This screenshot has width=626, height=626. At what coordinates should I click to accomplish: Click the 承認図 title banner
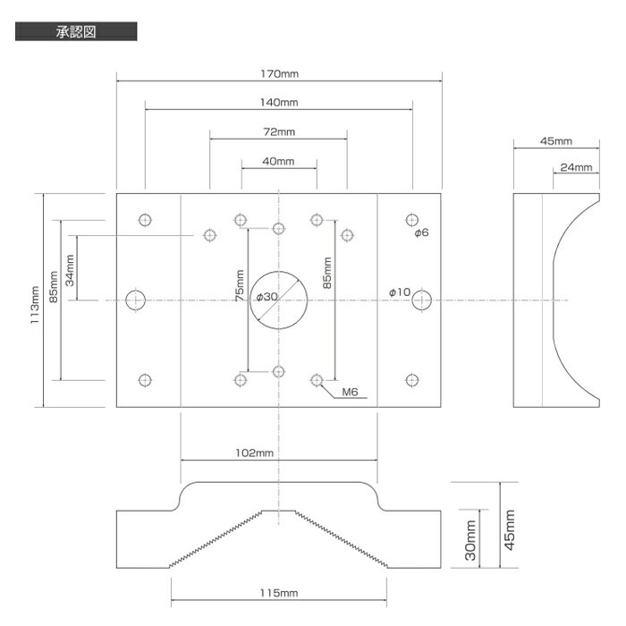pos(76,31)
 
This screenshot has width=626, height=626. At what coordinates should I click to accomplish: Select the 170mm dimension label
pos(279,74)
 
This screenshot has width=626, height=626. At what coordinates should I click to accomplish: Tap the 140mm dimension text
pos(279,103)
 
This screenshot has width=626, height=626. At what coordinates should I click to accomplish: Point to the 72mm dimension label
pos(279,131)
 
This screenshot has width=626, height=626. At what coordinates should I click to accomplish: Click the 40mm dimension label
pos(278,161)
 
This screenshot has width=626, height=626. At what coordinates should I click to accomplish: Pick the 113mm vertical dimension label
pos(35,305)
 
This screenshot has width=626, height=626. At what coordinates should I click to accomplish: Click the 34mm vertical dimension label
pos(70,270)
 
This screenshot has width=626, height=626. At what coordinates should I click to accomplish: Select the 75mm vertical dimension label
pos(240,285)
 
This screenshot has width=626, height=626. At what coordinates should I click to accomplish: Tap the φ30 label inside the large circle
pos(266,297)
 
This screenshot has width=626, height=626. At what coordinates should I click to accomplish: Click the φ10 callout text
pos(400,292)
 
